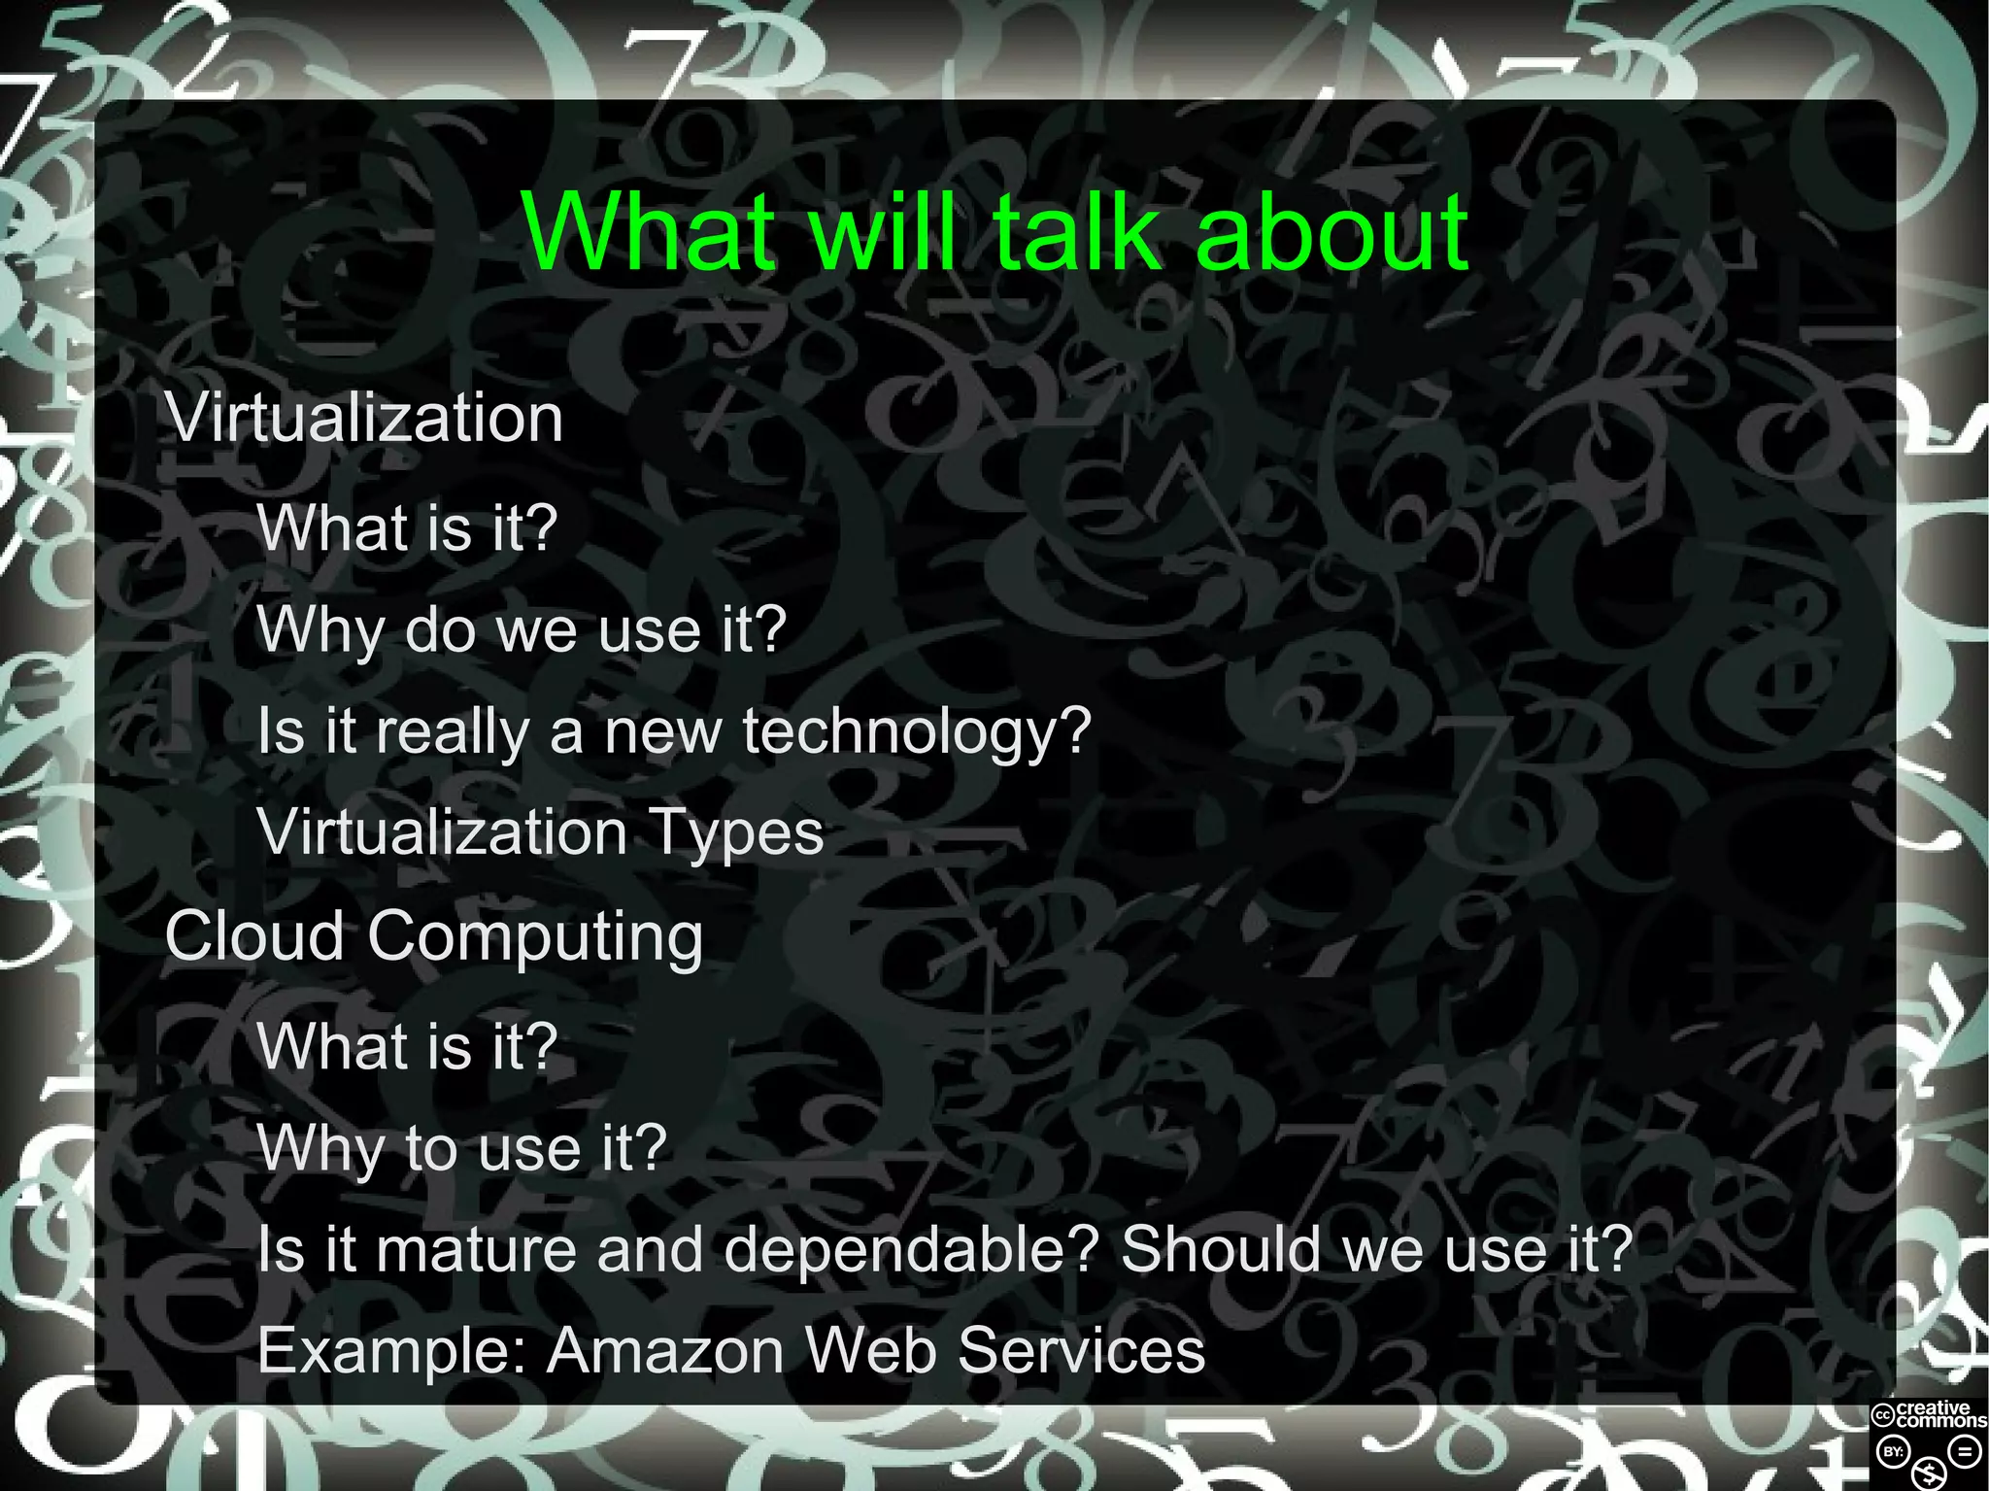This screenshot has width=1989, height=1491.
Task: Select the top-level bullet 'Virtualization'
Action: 365,419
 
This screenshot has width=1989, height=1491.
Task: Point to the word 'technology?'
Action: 918,732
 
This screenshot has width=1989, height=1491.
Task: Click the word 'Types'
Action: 736,833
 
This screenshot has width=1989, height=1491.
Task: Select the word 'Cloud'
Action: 254,936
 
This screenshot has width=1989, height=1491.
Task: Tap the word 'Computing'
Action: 535,938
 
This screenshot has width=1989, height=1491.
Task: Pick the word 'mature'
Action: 476,1250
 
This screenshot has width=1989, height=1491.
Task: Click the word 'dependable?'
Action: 911,1250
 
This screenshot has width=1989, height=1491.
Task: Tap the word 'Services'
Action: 1081,1351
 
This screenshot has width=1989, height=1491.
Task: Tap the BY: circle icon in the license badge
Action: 1893,1453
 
